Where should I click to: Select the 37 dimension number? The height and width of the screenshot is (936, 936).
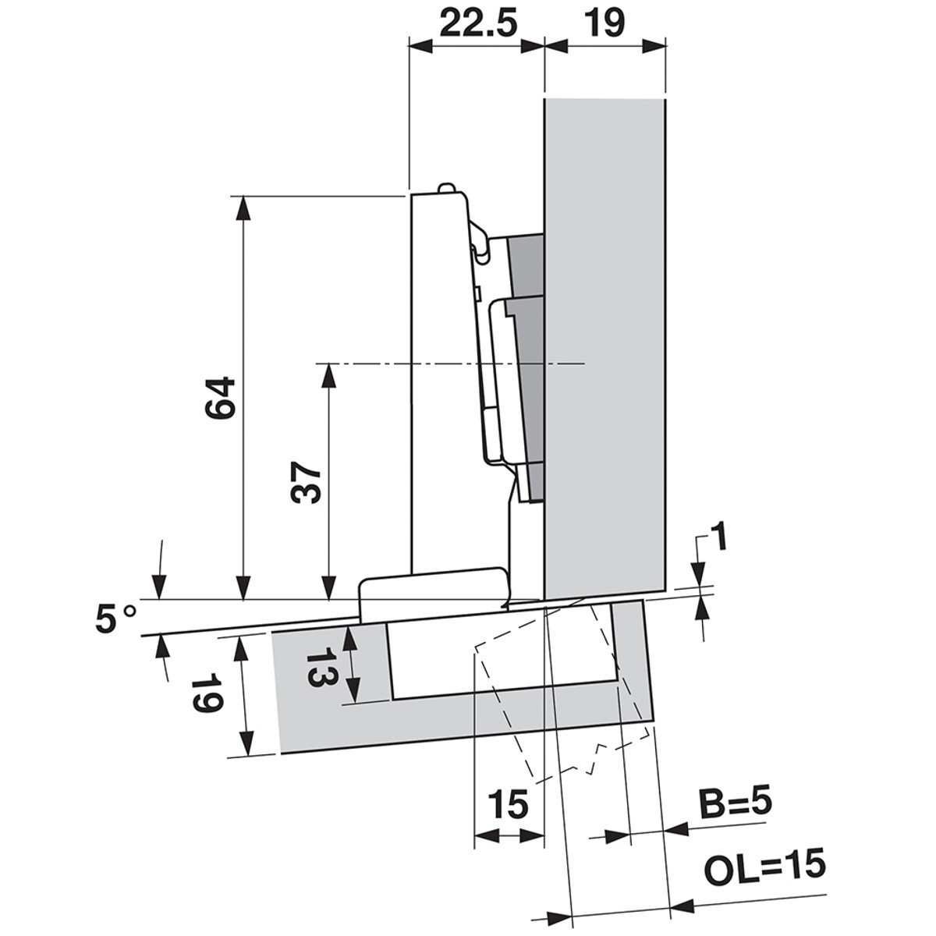coord(306,481)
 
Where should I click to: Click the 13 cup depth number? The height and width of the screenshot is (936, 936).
coord(321,666)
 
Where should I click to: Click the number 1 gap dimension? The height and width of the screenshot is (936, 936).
coord(721,536)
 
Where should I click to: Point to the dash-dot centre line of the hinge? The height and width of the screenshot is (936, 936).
coord(450,363)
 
